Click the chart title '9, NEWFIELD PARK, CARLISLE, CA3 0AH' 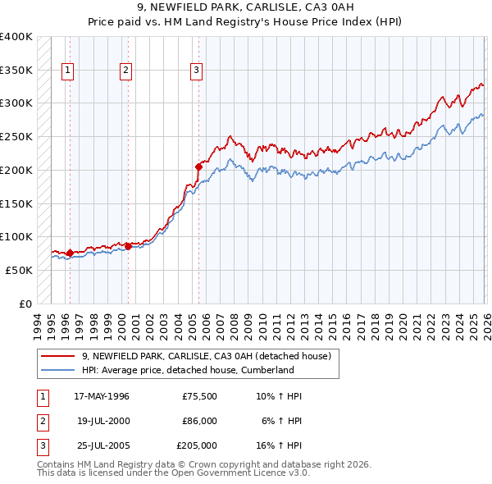[245, 8]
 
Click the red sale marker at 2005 [198, 167]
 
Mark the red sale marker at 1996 [70, 253]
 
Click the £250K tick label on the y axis [16, 137]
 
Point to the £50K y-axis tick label [20, 270]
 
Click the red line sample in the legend [59, 357]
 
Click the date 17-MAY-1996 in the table [102, 396]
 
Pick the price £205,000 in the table [197, 445]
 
